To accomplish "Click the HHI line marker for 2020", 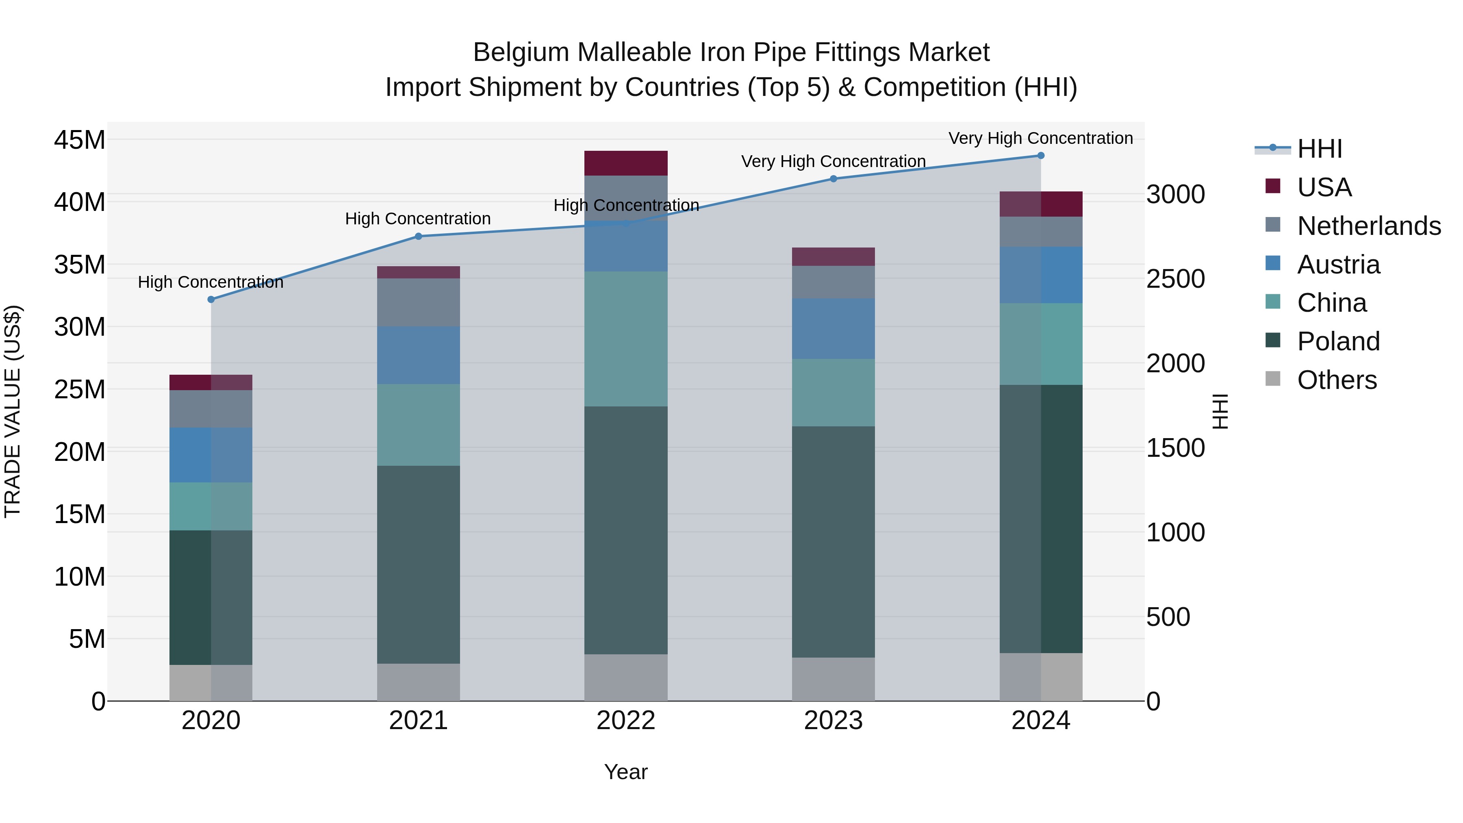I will (211, 299).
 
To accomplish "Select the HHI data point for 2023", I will (833, 179).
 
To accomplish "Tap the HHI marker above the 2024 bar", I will (1040, 156).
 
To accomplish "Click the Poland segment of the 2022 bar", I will (626, 530).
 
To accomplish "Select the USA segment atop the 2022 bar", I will (626, 163).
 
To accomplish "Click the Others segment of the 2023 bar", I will (833, 679).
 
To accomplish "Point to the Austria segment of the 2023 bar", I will (833, 328).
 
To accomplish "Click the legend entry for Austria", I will (1338, 265).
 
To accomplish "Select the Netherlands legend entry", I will (1369, 226).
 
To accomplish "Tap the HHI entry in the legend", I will (1319, 149).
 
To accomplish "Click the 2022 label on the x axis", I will (626, 721).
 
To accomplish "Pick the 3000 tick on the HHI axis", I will (1175, 194).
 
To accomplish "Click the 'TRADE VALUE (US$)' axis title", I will (13, 411).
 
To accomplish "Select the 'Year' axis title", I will (626, 772).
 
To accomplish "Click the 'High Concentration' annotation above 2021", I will (418, 219).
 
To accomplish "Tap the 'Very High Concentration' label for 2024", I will (1040, 138).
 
